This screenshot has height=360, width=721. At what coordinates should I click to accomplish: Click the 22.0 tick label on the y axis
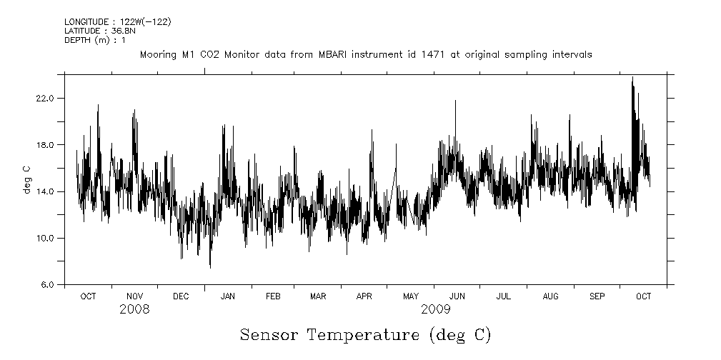click(x=45, y=98)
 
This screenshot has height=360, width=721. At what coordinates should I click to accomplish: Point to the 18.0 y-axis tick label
click(x=45, y=145)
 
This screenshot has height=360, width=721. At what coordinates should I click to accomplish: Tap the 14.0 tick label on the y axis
click(x=45, y=191)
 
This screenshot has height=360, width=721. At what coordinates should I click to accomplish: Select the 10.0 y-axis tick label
click(x=45, y=238)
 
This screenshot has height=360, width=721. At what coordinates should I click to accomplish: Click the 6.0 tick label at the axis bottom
click(x=47, y=284)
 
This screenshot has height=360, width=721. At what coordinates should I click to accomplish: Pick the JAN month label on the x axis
click(x=228, y=296)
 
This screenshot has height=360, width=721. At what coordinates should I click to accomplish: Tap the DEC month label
click(x=181, y=296)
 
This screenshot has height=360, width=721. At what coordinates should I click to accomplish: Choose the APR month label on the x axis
click(x=364, y=296)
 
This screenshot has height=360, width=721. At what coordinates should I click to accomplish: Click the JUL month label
click(x=503, y=296)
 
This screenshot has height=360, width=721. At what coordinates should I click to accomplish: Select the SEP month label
click(x=597, y=296)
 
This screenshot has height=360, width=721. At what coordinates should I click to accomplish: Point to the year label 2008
click(x=134, y=310)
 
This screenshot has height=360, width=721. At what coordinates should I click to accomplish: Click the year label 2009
click(x=436, y=310)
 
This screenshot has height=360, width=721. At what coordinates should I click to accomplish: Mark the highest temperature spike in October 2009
click(x=632, y=78)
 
